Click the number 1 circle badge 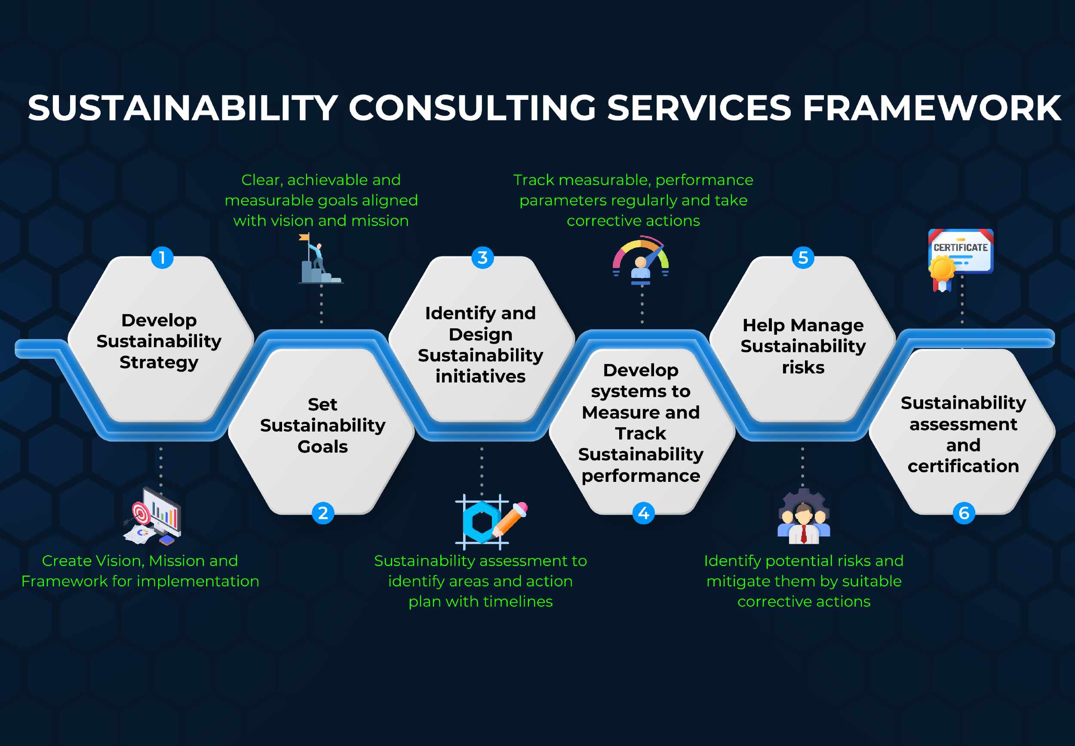[x=162, y=258]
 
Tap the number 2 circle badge [x=323, y=513]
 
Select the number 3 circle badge [x=482, y=258]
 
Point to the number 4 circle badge [x=643, y=513]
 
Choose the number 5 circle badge [x=803, y=258]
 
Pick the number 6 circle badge [x=964, y=513]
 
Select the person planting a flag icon [x=319, y=259]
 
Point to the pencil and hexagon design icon [x=488, y=521]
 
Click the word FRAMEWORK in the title [x=931, y=108]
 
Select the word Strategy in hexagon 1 [x=159, y=362]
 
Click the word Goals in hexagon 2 [x=323, y=447]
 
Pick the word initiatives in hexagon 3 [x=480, y=376]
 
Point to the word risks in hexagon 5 [x=803, y=367]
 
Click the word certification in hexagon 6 [x=963, y=466]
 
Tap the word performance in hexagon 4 [x=641, y=476]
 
